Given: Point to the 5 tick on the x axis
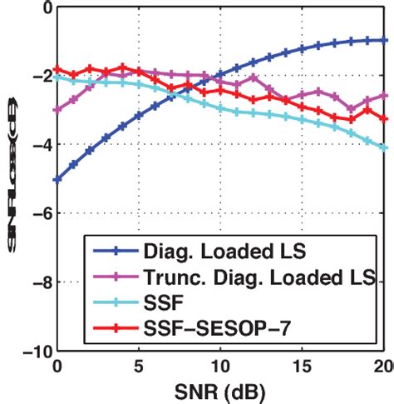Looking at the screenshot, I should [x=139, y=365].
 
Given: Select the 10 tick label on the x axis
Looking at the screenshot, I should [x=221, y=365].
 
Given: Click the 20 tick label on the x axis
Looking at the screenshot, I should [x=382, y=365].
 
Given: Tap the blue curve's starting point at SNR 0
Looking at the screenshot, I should [x=57, y=179].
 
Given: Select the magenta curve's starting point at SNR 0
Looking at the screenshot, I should [x=57, y=110].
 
